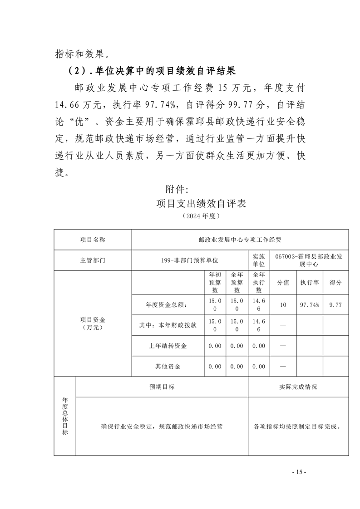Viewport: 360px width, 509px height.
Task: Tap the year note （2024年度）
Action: coord(200,216)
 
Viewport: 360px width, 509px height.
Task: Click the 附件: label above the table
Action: coord(174,187)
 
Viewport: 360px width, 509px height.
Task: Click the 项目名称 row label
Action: coord(93,240)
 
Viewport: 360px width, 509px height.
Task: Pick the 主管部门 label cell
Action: coord(93,260)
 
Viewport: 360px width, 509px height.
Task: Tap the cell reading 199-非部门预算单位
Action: coord(190,260)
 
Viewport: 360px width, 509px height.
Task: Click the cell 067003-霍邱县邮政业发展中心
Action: coord(309,260)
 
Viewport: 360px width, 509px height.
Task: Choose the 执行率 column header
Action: coord(309,282)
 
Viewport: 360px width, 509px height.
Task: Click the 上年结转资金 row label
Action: coord(168,346)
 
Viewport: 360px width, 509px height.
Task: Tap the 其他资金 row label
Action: coord(168,366)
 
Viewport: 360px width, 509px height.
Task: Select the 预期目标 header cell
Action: coord(162,387)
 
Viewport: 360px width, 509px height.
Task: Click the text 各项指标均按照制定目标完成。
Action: coord(298,426)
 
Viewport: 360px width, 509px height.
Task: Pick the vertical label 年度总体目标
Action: coord(65,416)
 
